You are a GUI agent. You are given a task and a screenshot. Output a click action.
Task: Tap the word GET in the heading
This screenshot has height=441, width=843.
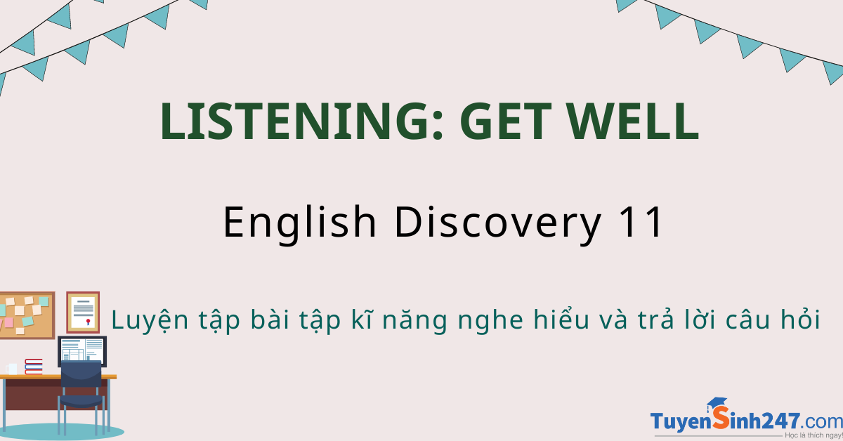[505, 121]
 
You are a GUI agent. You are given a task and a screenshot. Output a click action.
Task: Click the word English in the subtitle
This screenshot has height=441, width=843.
[299, 223]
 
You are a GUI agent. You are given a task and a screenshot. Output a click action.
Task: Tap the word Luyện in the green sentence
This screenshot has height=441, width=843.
[150, 320]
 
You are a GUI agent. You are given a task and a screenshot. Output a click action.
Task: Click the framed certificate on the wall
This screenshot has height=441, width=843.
[83, 312]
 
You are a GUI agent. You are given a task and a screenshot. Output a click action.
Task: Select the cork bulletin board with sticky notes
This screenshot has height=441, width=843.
[27, 315]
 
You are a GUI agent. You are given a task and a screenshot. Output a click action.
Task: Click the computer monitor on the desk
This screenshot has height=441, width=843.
[82, 350]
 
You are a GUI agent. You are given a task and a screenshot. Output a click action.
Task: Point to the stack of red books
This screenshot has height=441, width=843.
[34, 367]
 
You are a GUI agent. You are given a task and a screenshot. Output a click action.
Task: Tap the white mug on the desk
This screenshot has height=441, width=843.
[12, 369]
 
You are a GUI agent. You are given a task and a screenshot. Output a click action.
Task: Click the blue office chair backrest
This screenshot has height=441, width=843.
[81, 374]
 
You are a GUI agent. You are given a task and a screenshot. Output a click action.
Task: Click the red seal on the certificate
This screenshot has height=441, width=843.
[89, 322]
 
